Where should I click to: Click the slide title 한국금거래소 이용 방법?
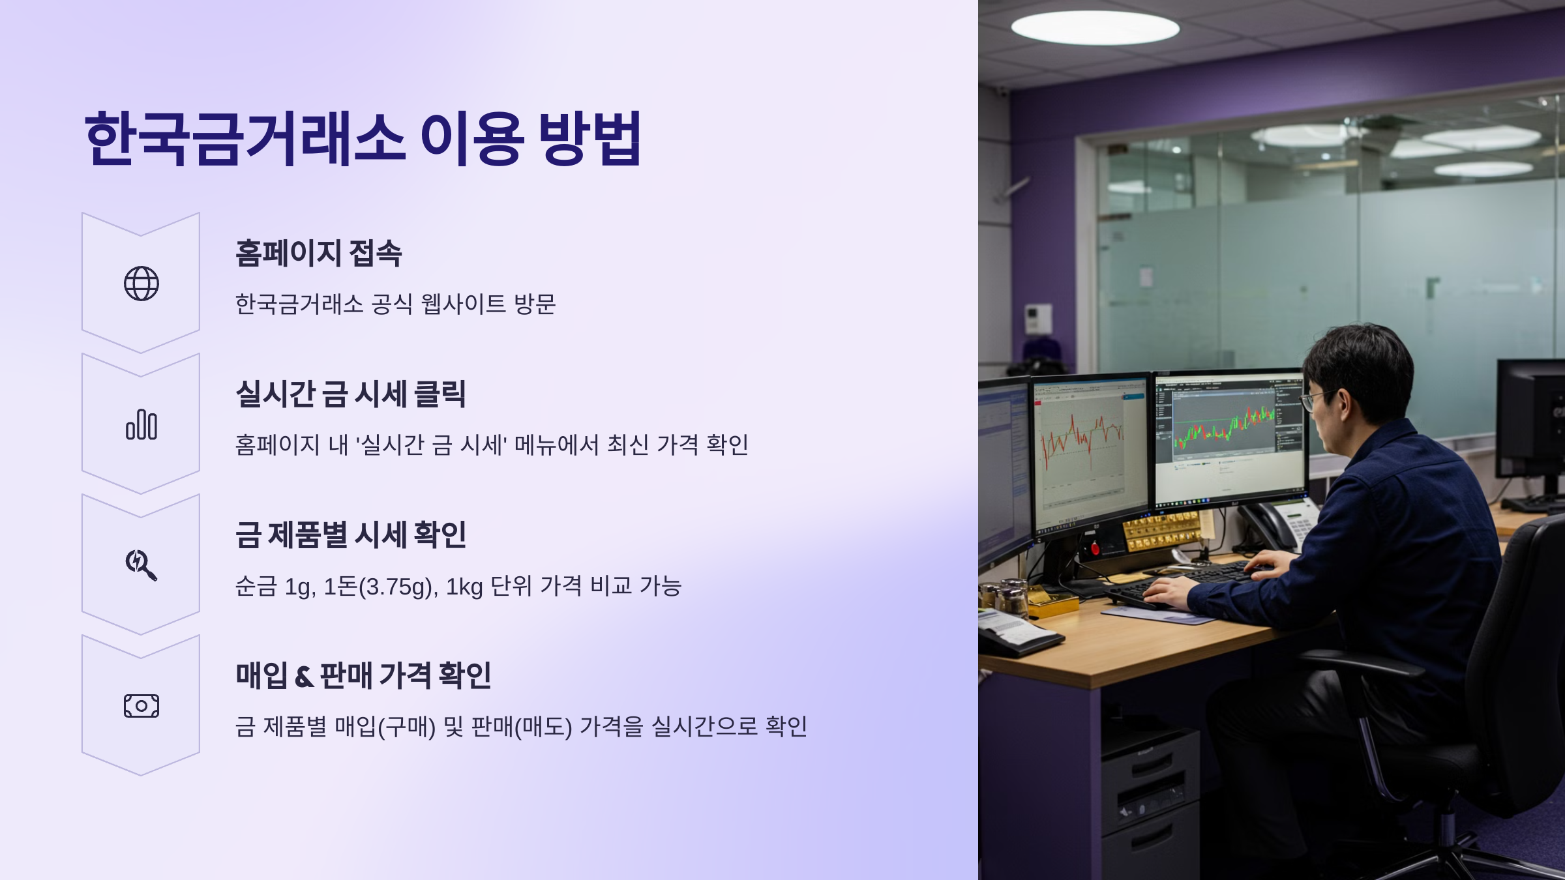363,138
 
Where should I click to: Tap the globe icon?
142,284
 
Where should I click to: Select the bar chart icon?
142,425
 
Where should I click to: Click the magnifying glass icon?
141,565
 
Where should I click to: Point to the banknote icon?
142,706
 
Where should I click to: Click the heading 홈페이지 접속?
318,253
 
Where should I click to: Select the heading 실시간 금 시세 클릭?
350,394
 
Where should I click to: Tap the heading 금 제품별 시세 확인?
350,535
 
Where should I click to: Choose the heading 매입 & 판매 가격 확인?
363,675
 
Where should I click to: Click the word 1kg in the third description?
464,587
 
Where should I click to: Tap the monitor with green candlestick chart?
1229,433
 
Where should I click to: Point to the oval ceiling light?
1095,28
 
